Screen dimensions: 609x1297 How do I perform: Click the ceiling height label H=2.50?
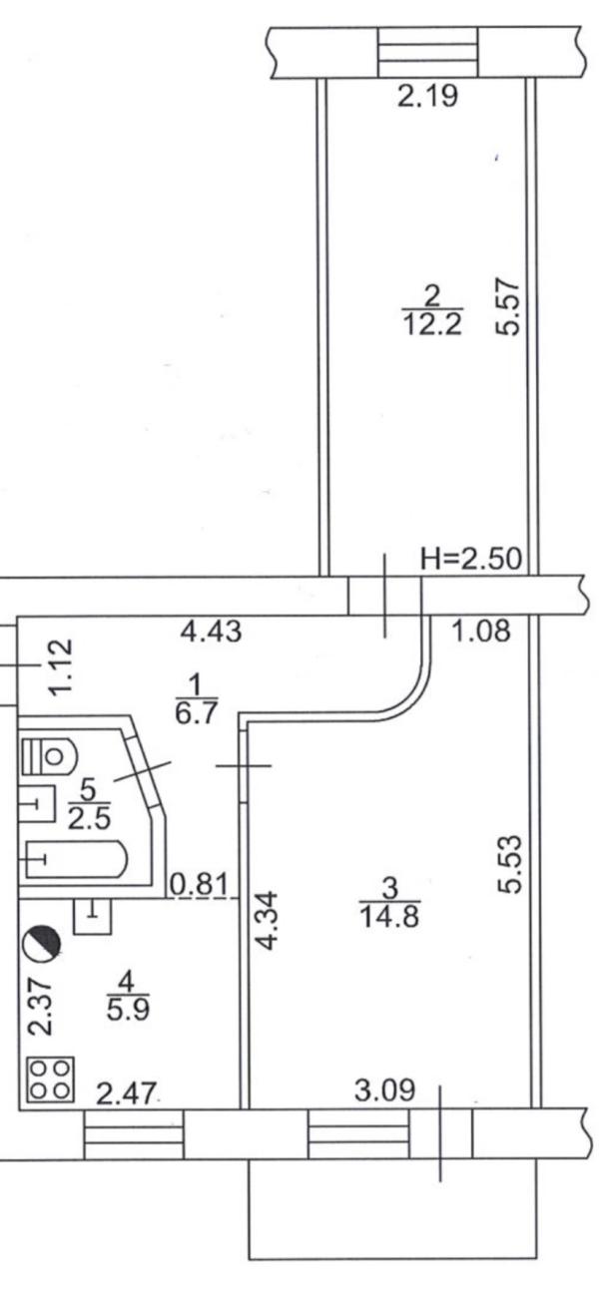pos(471,559)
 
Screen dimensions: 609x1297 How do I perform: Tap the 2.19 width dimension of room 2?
pos(427,96)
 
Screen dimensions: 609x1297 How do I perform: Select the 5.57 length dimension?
pos(507,307)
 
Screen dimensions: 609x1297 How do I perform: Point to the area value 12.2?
pos(432,325)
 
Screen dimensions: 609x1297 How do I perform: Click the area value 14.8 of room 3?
pos(389,917)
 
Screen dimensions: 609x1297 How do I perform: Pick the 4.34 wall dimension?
pos(268,920)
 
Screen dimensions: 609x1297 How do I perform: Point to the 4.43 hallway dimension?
pos(211,631)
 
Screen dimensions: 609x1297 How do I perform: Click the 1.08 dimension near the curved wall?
pos(481,631)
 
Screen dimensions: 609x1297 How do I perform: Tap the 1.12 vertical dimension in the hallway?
pos(61,665)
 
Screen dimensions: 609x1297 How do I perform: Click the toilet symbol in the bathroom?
pos(49,755)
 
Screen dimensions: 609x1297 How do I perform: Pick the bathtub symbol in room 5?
pos(74,860)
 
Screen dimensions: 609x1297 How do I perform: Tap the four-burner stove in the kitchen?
pos(50,1080)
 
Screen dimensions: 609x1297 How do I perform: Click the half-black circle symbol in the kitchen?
pos(41,945)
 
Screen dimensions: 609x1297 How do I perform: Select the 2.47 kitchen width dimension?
pos(127,1094)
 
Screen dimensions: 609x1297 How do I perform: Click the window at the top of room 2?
pos(427,52)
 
